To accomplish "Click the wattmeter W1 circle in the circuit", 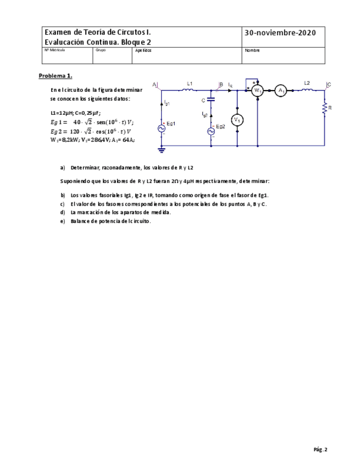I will (257, 91).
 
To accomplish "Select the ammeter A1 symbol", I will (280, 91).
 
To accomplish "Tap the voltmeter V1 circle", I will (237, 120).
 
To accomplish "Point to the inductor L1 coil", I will (189, 91).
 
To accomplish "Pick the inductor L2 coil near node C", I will (307, 90).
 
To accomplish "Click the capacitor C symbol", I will (211, 101).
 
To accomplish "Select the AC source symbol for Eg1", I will (162, 128).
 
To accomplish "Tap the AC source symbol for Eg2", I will (211, 132).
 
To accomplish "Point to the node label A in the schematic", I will (154, 84).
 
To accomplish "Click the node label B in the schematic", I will (221, 84).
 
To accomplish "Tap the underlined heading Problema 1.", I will (55, 75).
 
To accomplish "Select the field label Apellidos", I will (142, 50).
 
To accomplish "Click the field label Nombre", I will (252, 50).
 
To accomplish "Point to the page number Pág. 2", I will (320, 450).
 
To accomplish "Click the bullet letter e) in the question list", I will (62, 221).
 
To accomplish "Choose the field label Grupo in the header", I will (100, 50).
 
